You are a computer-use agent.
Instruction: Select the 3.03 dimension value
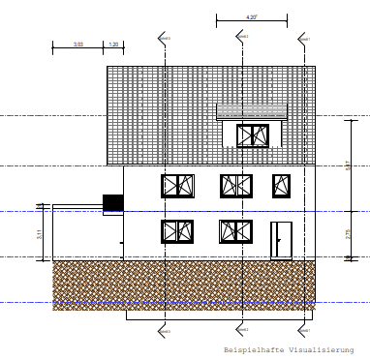(78, 45)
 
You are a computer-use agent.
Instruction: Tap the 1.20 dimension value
(112, 45)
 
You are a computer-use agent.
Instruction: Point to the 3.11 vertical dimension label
(40, 233)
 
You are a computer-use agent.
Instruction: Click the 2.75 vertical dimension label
(348, 233)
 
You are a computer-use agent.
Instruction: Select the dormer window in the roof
(250, 135)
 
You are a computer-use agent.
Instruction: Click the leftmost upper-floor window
(178, 186)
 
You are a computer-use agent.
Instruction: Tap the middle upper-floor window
(235, 185)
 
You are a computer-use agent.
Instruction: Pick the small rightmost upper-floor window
(282, 185)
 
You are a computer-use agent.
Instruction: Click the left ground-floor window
(178, 231)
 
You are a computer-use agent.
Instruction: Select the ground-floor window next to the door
(235, 231)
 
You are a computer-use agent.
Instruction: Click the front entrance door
(280, 239)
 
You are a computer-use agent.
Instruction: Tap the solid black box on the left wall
(113, 202)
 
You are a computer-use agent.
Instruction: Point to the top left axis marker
(164, 37)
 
